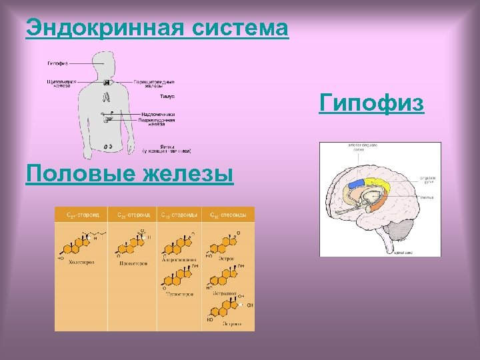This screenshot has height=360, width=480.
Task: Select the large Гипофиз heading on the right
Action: click(x=371, y=104)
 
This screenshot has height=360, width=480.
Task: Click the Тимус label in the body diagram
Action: click(x=149, y=97)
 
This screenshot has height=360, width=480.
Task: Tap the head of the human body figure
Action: click(x=106, y=63)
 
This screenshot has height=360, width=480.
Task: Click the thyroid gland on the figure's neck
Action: click(x=106, y=82)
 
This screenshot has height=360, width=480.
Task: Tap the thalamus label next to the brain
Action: click(x=427, y=197)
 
